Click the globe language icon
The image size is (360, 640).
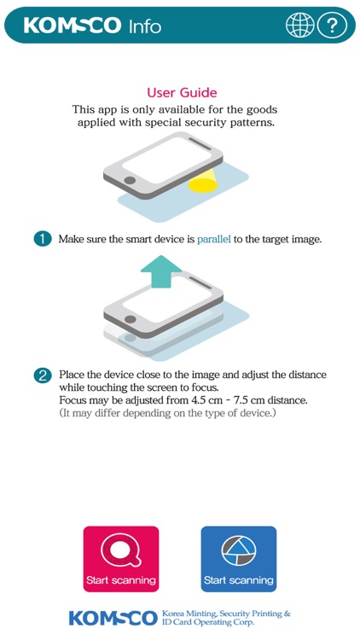300,26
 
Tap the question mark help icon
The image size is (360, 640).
332,26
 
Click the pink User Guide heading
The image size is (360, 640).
182,93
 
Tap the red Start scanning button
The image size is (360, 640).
121,559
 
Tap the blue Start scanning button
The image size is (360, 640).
239,559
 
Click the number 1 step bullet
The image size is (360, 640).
43,239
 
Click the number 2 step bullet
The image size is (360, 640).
43,375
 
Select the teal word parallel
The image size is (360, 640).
214,239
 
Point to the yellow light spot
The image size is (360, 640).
203,186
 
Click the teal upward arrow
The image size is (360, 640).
161,271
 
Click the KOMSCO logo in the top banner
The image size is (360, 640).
73,26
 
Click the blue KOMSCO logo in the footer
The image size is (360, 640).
113,619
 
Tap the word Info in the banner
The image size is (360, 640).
145,26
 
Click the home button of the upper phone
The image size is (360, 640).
131,180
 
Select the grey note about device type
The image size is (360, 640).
168,413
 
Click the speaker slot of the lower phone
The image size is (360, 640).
200,282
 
